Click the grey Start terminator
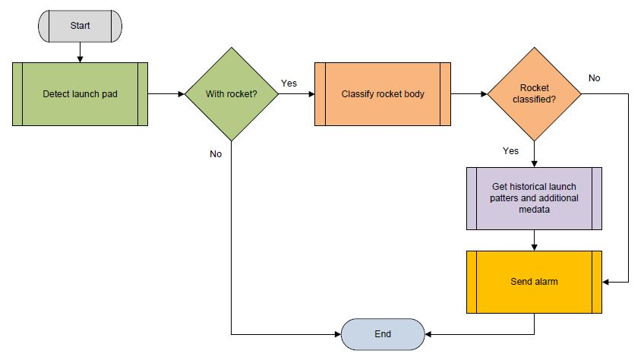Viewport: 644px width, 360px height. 79,25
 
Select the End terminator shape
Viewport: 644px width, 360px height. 382,333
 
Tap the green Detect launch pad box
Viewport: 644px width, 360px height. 80,94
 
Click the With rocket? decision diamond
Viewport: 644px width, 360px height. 230,94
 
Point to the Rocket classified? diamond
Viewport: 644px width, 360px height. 534,94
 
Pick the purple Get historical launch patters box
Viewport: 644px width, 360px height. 534,198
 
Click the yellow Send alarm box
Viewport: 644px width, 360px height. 534,282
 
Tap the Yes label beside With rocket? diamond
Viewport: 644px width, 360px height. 289,82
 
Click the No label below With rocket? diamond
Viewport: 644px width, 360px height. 216,154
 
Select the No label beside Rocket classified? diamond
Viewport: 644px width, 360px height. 594,77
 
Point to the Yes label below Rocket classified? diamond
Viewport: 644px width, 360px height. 511,150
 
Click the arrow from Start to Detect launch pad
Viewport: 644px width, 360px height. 79,51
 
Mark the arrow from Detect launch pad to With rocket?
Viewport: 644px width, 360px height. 166,94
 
